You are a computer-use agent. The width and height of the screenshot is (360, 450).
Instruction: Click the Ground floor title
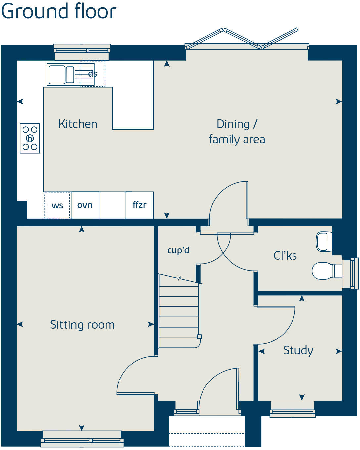tap(59, 11)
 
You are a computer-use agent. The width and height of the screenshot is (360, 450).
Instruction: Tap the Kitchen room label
tap(78, 124)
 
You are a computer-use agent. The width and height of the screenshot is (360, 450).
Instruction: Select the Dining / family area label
tap(237, 132)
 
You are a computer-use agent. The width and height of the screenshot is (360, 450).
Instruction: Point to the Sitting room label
tap(82, 325)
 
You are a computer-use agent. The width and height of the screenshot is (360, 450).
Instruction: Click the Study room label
tap(298, 350)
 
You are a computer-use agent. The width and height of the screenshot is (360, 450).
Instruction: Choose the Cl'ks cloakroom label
tap(285, 256)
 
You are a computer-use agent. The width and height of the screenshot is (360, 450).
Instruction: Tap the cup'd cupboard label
tap(178, 250)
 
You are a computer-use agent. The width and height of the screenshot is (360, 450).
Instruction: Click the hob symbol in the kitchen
tap(30, 138)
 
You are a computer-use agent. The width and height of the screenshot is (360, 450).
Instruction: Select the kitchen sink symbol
tap(61, 74)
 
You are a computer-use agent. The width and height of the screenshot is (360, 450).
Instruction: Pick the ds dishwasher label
tap(93, 74)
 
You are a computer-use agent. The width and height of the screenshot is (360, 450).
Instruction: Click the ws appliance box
tap(57, 205)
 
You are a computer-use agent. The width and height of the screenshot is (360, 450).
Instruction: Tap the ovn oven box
tap(85, 205)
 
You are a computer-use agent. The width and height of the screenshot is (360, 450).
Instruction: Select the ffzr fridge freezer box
tap(139, 205)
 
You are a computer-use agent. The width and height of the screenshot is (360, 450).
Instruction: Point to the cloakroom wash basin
tap(324, 242)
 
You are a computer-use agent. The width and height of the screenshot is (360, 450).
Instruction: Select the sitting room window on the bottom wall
tap(82, 439)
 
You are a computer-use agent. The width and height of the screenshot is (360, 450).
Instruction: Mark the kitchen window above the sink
tap(82, 50)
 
